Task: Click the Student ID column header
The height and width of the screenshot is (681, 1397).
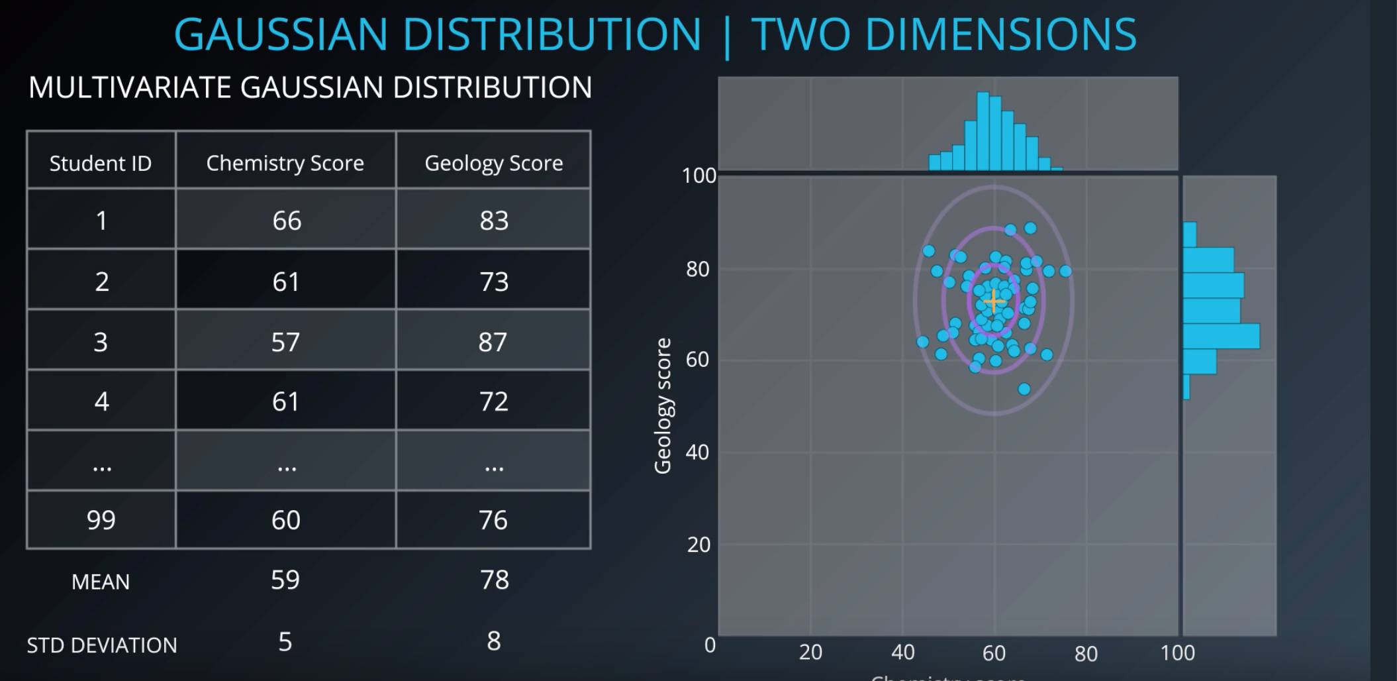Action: tap(101, 163)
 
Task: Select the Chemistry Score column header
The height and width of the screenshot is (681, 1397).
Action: tap(285, 163)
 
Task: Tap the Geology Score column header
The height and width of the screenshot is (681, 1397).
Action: tap(494, 163)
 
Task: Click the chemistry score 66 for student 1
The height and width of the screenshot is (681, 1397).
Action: tap(287, 221)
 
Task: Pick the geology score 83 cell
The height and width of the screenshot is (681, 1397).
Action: tap(494, 221)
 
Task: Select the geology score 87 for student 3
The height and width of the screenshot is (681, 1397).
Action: tap(493, 342)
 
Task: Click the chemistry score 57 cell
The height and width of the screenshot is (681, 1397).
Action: tap(286, 342)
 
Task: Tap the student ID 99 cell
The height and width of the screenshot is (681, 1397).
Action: tap(101, 520)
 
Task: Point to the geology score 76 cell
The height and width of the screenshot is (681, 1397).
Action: tap(493, 520)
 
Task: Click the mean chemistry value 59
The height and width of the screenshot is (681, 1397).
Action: tap(285, 580)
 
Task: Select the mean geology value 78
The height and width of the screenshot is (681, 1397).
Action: tap(495, 580)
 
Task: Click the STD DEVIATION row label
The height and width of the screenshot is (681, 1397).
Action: tap(102, 645)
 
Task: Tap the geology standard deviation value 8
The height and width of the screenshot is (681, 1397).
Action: tap(494, 641)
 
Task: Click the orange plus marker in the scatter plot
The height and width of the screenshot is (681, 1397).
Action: tap(994, 302)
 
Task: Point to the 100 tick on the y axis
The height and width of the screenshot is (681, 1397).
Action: tap(698, 176)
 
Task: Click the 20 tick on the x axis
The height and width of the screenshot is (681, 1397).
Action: tap(810, 653)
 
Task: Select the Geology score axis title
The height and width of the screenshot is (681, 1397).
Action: tap(663, 405)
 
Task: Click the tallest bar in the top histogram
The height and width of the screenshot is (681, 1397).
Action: tap(983, 131)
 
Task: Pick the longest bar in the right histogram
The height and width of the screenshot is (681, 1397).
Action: tap(1221, 337)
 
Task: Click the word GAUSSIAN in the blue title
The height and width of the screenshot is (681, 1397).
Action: tap(281, 34)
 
